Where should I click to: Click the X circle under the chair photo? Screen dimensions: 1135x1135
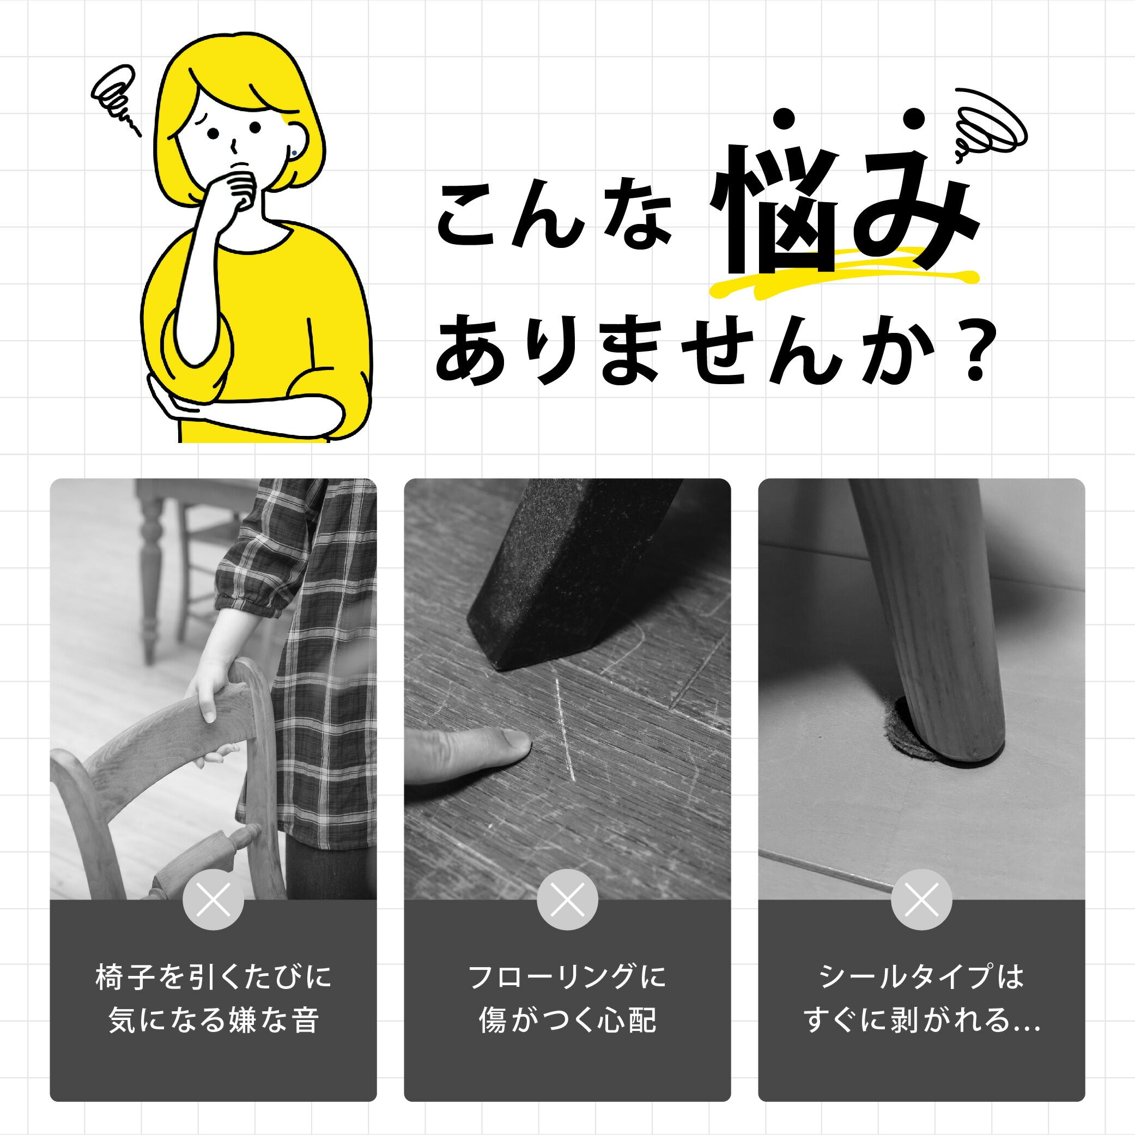(213, 900)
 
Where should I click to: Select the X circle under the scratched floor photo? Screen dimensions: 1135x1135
(568, 900)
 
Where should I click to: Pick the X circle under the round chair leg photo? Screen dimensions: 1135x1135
(921, 900)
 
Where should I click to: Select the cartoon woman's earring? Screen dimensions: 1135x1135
(294, 153)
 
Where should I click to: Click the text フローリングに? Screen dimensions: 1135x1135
(568, 977)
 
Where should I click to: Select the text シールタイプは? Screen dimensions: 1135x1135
(921, 977)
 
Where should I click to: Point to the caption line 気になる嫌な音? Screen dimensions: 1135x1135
(214, 1021)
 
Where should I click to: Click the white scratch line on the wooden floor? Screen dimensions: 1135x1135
(565, 729)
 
